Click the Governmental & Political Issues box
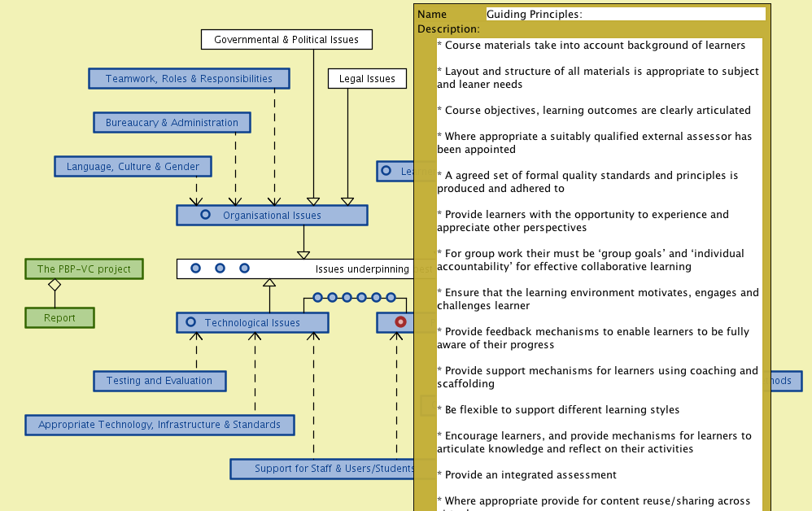[x=286, y=39]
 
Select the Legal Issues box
[x=367, y=79]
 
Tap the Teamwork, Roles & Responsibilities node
[x=189, y=79]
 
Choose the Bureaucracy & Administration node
[x=172, y=123]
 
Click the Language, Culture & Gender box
[x=133, y=167]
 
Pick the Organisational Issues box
[x=272, y=216]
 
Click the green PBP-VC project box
[x=84, y=269]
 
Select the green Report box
[x=59, y=318]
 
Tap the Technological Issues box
[x=252, y=323]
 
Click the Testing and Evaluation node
[x=159, y=381]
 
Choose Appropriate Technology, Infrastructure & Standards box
[x=159, y=425]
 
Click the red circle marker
[x=400, y=322]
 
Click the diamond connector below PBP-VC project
[x=55, y=285]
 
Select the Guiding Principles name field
[x=625, y=14]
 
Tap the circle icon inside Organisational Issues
[x=205, y=215]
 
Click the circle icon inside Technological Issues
[x=190, y=322]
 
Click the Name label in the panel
[x=432, y=15]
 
